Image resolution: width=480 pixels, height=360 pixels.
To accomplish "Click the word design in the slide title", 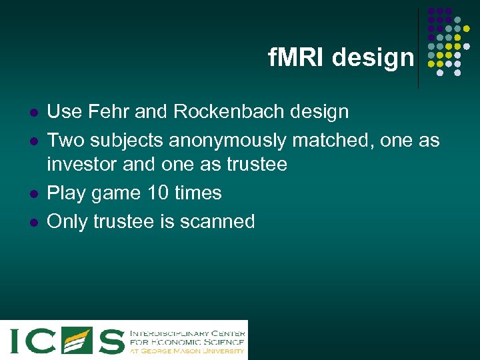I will [x=373, y=59].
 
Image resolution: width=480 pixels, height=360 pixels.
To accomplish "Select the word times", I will [x=198, y=193].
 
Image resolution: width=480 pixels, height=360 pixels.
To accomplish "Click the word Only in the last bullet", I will [x=68, y=221].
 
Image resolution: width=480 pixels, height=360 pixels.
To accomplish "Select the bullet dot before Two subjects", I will [x=32, y=141].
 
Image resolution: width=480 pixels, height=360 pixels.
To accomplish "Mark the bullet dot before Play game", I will [x=32, y=194].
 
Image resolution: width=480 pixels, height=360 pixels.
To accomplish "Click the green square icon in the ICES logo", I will [x=77, y=340].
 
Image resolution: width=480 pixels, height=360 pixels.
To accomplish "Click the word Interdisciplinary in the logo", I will [x=169, y=332].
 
